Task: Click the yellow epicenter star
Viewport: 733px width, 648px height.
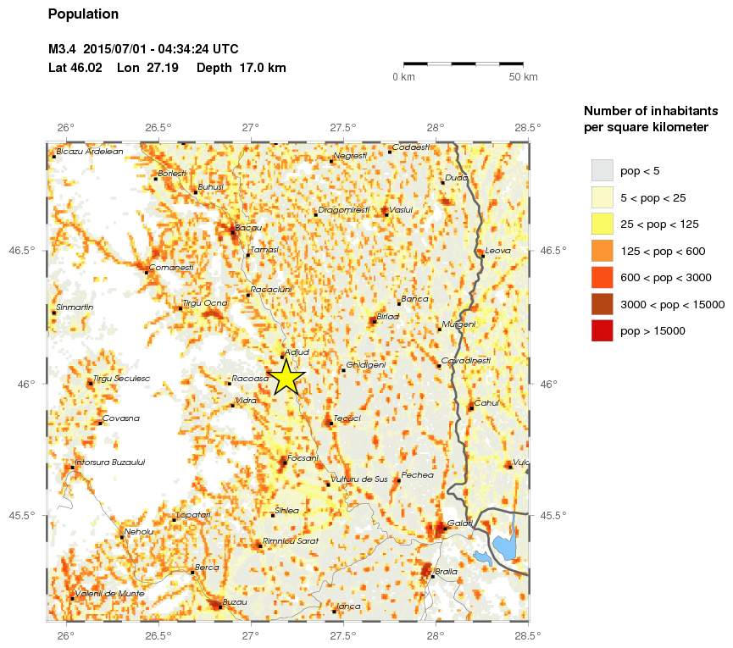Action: pyautogui.click(x=286, y=377)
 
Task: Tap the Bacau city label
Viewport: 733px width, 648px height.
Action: pyautogui.click(x=249, y=228)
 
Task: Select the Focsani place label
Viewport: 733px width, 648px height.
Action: pyautogui.click(x=303, y=458)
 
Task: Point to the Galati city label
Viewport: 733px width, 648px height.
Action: pyautogui.click(x=460, y=523)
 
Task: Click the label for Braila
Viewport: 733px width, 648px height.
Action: pyautogui.click(x=446, y=572)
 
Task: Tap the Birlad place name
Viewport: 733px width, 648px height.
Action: pyautogui.click(x=388, y=316)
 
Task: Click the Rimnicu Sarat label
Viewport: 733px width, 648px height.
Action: pyautogui.click(x=291, y=541)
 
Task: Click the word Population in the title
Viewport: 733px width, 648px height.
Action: pyautogui.click(x=83, y=14)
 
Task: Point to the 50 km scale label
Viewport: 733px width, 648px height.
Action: pyautogui.click(x=523, y=78)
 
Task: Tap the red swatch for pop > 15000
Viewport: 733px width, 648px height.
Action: pyautogui.click(x=602, y=330)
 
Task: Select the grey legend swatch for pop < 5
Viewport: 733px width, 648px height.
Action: pyautogui.click(x=602, y=170)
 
